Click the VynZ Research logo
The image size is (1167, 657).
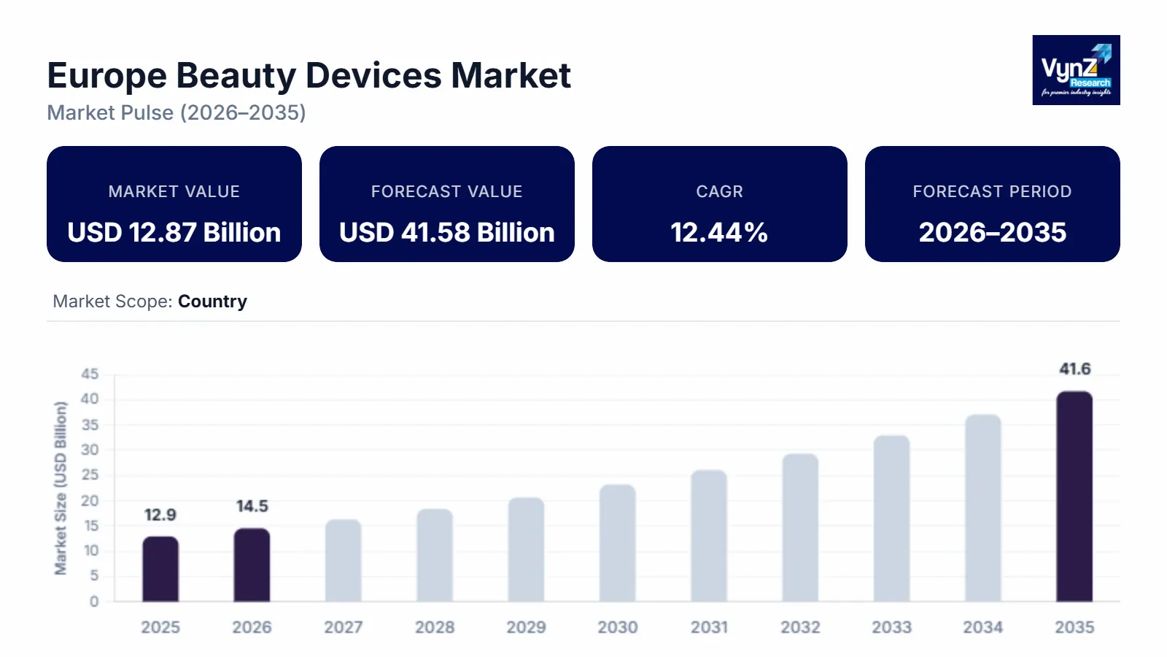[1076, 70]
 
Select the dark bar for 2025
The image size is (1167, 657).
[160, 569]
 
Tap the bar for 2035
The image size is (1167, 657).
[1074, 496]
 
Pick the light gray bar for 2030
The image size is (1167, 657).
[618, 543]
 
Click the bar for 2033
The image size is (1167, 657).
[891, 518]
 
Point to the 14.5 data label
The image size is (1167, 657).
[252, 506]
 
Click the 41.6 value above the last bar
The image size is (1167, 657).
[1074, 369]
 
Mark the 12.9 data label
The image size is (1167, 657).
[160, 515]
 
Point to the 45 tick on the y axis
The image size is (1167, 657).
[90, 374]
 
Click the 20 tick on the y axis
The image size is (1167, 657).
[90, 501]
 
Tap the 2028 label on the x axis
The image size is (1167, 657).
[435, 627]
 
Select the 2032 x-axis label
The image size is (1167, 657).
[800, 627]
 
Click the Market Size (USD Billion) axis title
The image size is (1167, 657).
[61, 488]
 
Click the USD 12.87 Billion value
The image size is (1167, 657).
[174, 232]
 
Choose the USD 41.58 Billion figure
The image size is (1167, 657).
[447, 232]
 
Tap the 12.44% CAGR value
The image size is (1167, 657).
[719, 232]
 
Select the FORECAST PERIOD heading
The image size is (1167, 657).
[992, 191]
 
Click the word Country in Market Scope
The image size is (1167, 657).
[212, 301]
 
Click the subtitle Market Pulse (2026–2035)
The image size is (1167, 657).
[177, 112]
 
